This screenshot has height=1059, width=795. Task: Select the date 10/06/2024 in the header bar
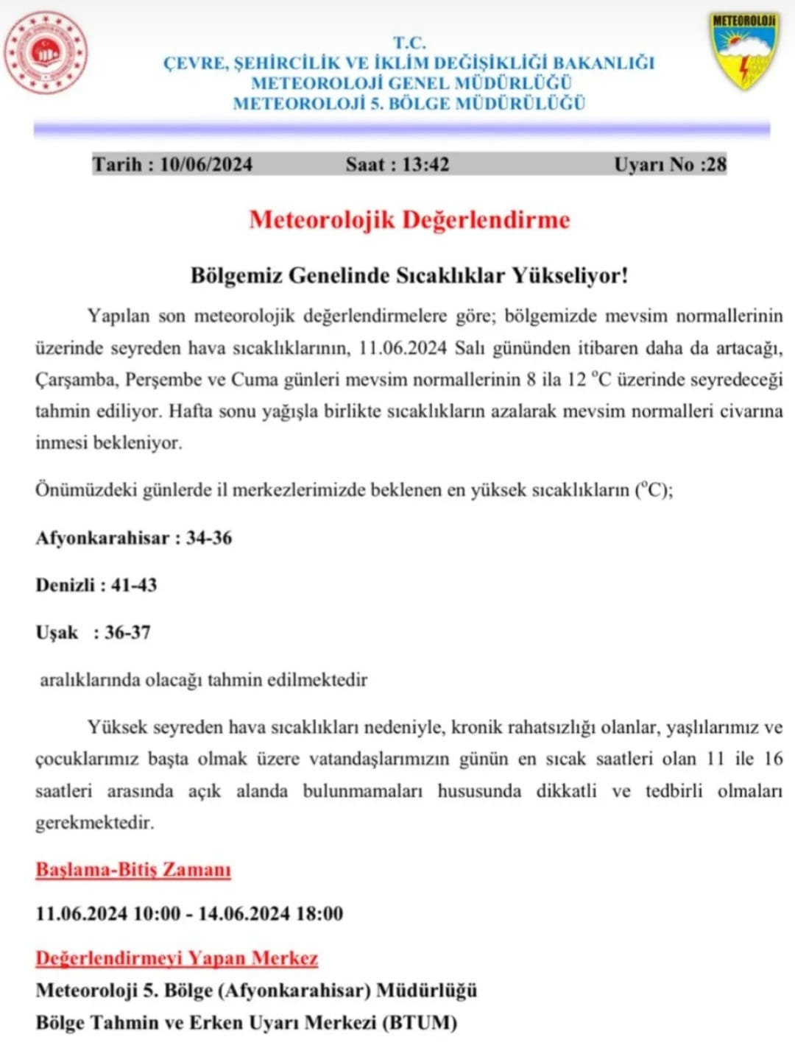pos(206,164)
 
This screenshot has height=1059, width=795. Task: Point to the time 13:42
pos(425,164)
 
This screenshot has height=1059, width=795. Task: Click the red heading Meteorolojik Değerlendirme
pos(409,220)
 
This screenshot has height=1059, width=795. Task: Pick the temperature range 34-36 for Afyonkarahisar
pos(209,538)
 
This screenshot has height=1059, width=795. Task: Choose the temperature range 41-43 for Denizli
pos(134,585)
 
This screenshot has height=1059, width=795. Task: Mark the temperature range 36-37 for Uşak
pos(127,632)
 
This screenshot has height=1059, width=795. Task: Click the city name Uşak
pos(57,633)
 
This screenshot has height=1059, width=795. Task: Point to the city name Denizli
pos(66,585)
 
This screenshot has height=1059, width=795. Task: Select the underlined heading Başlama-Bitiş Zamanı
pos(133,870)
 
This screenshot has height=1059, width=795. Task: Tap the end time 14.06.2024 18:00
pos(271,914)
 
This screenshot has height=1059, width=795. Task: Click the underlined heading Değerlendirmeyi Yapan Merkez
pos(177,958)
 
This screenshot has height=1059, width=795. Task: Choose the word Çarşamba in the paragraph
pos(76,380)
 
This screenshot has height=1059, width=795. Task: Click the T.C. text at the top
pos(409,43)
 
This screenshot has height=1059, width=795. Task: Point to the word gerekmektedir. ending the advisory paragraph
pos(95,823)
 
